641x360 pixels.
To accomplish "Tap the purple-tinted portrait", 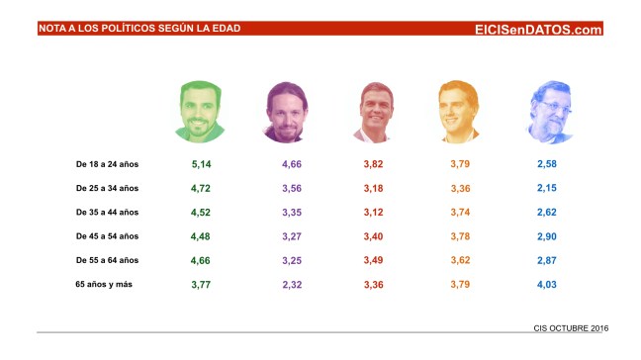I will (x=289, y=111).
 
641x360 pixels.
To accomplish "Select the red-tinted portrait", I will (x=377, y=111).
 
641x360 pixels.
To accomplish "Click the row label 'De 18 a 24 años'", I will (x=108, y=163).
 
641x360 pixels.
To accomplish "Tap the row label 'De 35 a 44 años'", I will (x=108, y=212).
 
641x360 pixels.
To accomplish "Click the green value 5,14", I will (x=202, y=163).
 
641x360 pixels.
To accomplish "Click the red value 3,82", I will (x=373, y=163).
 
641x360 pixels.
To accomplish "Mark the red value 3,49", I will (x=373, y=260).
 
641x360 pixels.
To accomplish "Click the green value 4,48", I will (x=202, y=236).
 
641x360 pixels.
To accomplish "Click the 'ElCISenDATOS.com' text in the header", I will (x=538, y=30).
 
